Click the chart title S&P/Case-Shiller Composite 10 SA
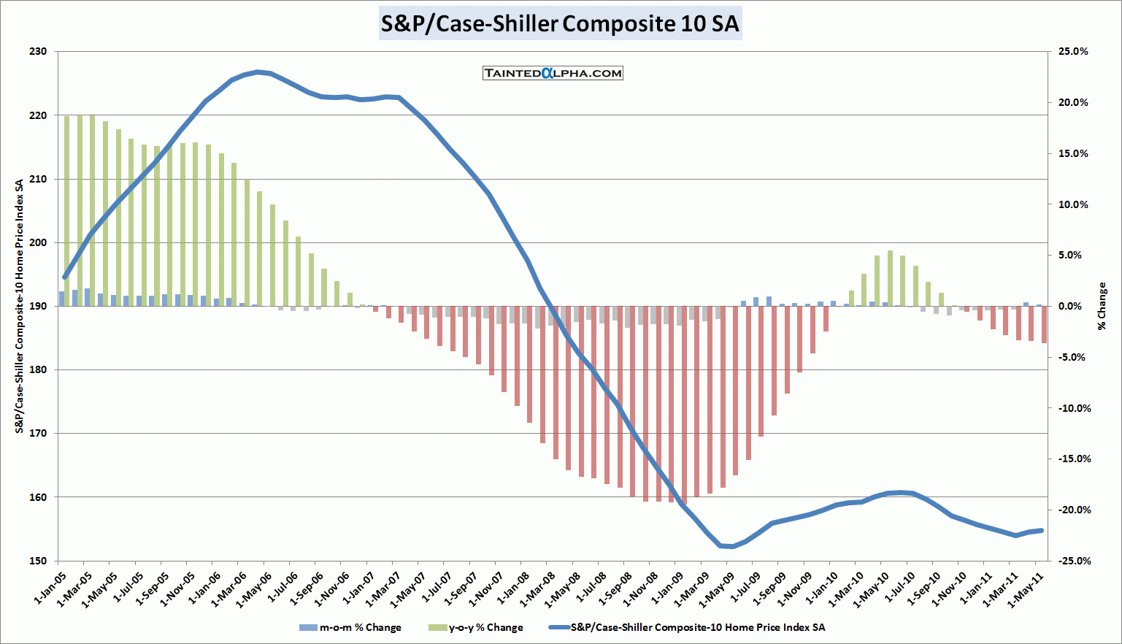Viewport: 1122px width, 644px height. pyautogui.click(x=560, y=23)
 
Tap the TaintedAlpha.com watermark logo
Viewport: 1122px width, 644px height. pyautogui.click(x=553, y=73)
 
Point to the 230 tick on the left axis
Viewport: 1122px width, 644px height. pyautogui.click(x=38, y=52)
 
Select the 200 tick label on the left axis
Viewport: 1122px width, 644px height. pyautogui.click(x=38, y=242)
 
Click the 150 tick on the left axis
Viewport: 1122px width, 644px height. pyautogui.click(x=38, y=561)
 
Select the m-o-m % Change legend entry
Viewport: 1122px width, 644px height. pyautogui.click(x=350, y=627)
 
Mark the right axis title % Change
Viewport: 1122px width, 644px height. pyautogui.click(x=1102, y=306)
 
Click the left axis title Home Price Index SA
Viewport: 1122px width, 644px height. pyautogui.click(x=20, y=306)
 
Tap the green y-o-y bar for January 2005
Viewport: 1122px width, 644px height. pyautogui.click(x=66, y=211)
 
